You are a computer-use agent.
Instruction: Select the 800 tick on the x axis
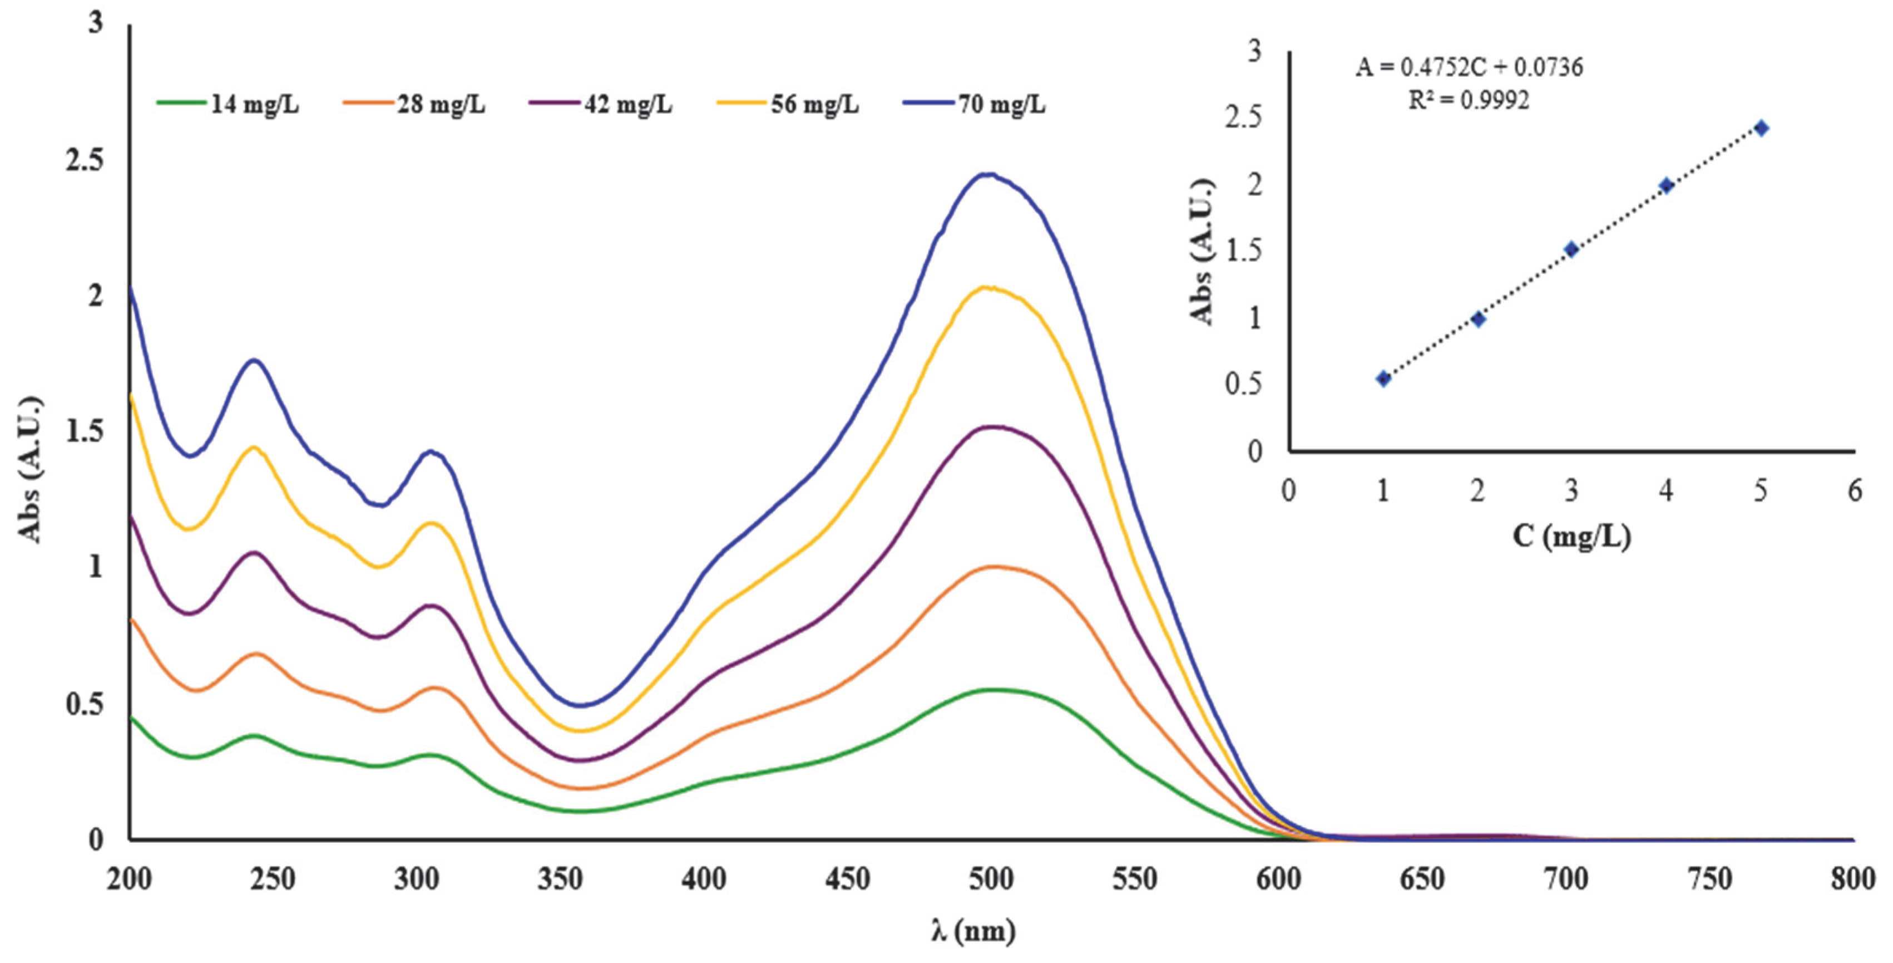pyautogui.click(x=1852, y=879)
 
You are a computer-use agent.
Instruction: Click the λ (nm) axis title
pyautogui.click(x=973, y=932)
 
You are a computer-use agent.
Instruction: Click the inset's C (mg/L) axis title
pyautogui.click(x=1571, y=537)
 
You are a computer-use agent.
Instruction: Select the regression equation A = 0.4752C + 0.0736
pyautogui.click(x=1469, y=67)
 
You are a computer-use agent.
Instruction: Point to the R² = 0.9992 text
pyautogui.click(x=1468, y=101)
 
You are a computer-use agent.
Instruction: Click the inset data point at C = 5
pyautogui.click(x=1761, y=128)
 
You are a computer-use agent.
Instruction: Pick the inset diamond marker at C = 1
pyautogui.click(x=1383, y=379)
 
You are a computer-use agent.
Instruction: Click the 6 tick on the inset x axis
pyautogui.click(x=1855, y=491)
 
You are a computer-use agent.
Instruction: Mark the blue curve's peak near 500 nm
pyautogui.click(x=988, y=174)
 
